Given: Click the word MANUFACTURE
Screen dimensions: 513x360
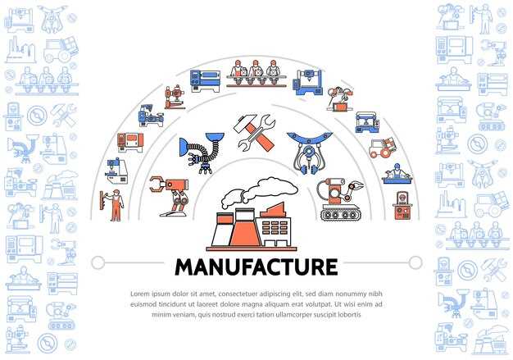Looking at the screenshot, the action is (256, 267).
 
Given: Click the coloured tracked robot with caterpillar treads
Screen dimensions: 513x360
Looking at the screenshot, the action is (339, 200).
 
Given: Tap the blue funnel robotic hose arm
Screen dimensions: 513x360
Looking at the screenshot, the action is (202, 153).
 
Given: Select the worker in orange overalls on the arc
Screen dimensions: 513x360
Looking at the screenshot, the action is (112, 205).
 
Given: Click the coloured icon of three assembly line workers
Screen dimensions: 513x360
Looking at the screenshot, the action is (256, 73).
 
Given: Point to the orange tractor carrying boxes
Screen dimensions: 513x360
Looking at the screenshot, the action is (383, 148).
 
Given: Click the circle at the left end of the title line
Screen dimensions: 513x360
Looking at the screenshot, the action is (98, 262).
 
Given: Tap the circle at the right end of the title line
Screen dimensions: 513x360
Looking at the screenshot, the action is (415, 262).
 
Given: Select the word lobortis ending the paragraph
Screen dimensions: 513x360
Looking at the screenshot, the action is (349, 315).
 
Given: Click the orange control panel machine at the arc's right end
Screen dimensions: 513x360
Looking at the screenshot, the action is (402, 206).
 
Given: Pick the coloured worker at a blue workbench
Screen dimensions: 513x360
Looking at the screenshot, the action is (397, 174).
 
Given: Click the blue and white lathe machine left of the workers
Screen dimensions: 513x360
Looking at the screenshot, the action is (205, 80).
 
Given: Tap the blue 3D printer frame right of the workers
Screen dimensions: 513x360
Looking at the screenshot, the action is (308, 82).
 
